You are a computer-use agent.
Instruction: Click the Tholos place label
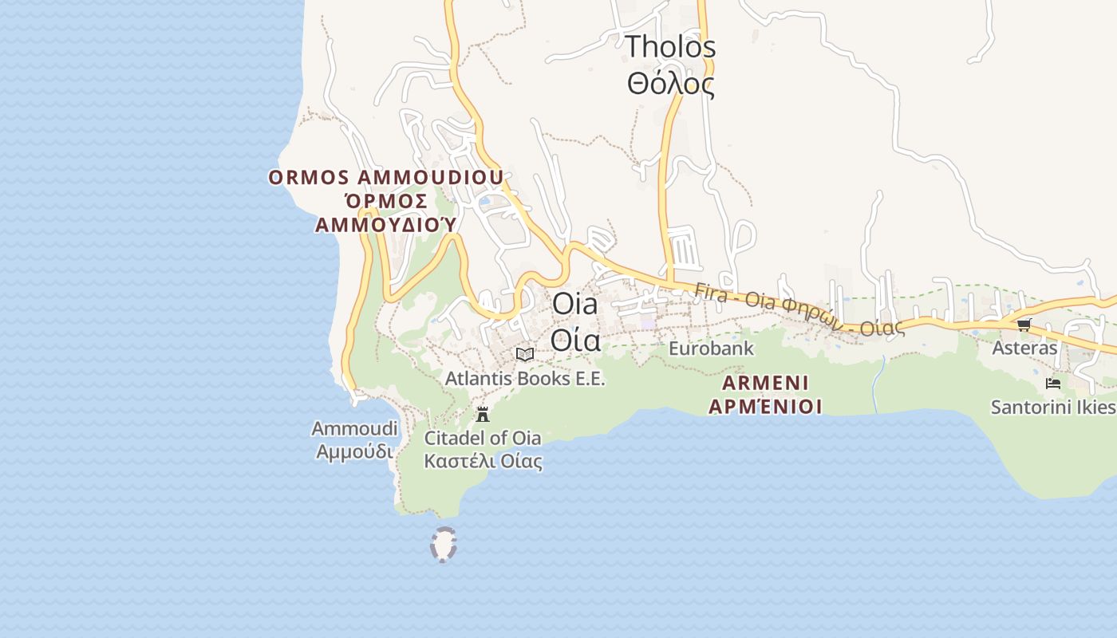point(670,46)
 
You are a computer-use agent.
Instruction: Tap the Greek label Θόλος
point(670,83)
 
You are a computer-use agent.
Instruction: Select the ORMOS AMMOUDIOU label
point(385,177)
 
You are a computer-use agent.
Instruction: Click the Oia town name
point(574,305)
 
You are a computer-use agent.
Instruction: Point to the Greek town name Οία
point(574,341)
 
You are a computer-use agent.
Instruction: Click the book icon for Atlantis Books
point(525,354)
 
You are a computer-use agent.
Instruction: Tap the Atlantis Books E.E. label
point(525,378)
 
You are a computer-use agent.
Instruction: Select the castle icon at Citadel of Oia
point(482,415)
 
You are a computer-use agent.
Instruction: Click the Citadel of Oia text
point(482,438)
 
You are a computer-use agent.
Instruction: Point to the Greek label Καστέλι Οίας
point(483,461)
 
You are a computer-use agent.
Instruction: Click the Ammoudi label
point(354,429)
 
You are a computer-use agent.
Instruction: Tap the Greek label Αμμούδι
point(354,451)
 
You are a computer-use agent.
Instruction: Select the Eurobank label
point(711,349)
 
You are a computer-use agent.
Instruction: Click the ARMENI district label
point(765,382)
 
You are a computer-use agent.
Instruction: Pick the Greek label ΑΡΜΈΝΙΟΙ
point(765,407)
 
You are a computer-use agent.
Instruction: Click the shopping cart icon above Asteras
point(1024,325)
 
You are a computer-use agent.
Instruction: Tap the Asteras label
point(1024,348)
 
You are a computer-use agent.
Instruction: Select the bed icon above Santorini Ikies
point(1052,384)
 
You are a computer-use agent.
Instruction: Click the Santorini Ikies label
point(1052,407)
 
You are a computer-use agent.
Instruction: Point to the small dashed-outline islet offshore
point(444,545)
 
